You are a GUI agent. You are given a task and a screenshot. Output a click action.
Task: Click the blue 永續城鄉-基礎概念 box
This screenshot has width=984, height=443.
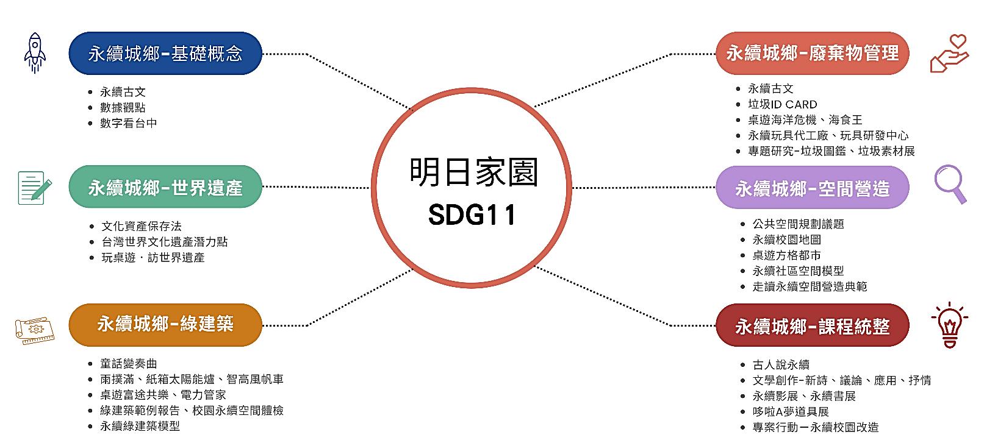point(165,54)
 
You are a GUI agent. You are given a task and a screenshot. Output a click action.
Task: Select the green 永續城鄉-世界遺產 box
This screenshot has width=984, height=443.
point(165,188)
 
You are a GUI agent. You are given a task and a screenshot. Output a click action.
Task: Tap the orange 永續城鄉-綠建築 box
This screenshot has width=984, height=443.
point(165,324)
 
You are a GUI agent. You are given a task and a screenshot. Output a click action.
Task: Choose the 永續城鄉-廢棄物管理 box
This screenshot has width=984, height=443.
point(812,54)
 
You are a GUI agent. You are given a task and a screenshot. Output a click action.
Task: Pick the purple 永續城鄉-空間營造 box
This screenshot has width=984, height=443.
point(812,189)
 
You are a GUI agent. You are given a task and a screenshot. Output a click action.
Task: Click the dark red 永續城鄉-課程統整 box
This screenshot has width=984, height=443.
point(812,327)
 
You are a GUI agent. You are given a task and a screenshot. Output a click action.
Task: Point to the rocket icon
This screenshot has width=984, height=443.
point(35,53)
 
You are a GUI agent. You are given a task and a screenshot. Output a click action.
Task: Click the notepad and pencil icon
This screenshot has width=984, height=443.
point(34,188)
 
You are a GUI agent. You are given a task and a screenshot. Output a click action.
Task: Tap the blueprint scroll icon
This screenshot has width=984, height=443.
point(35,330)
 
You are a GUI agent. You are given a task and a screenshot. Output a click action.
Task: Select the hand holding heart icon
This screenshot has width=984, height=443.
point(950,54)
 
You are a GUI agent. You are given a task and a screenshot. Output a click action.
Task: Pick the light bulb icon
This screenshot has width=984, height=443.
point(949,325)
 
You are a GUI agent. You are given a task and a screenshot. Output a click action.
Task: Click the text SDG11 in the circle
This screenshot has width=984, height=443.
point(472,214)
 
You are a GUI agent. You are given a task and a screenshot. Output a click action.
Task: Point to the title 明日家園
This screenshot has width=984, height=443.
point(473,172)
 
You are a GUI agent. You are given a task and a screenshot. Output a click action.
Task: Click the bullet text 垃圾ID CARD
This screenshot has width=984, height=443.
point(783,104)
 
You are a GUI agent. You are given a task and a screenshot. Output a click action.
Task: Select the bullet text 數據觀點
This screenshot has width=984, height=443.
point(123,107)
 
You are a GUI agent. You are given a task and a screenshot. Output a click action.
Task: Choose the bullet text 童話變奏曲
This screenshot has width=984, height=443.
point(129,364)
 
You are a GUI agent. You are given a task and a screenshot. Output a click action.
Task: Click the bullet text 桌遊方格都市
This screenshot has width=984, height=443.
point(786,255)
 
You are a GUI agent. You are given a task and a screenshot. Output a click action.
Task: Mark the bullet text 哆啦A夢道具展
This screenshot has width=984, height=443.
point(791,411)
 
